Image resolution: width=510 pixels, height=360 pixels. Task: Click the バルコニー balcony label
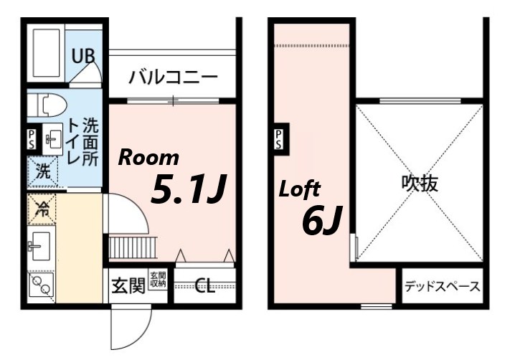click(173, 77)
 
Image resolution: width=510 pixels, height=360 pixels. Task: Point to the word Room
click(148, 158)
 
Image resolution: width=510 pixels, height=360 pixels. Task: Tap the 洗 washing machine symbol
click(43, 172)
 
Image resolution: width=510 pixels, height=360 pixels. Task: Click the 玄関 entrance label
click(128, 285)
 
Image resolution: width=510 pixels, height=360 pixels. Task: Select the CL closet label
click(204, 287)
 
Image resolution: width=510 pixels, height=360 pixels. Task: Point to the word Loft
click(300, 190)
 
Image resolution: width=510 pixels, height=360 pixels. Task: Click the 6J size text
click(321, 222)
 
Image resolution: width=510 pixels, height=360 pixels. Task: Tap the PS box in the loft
click(278, 139)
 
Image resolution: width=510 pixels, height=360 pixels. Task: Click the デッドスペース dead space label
click(442, 287)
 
